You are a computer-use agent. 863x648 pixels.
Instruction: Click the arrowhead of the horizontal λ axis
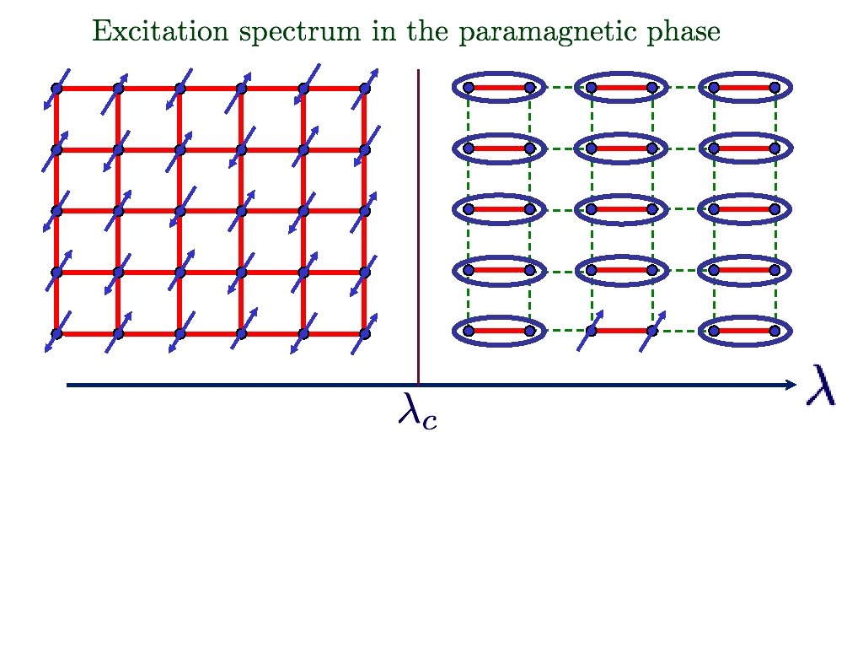pyautogui.click(x=791, y=386)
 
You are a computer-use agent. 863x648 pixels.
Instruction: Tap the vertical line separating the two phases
pyautogui.click(x=419, y=228)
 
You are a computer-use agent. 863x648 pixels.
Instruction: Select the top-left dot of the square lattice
pyautogui.click(x=56, y=88)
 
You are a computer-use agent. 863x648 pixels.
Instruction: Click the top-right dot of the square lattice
pyautogui.click(x=365, y=88)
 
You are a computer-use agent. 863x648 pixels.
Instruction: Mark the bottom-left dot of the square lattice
pyautogui.click(x=56, y=333)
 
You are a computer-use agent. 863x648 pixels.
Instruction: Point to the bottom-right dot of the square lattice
pyautogui.click(x=365, y=333)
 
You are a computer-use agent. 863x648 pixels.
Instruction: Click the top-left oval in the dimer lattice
pyautogui.click(x=499, y=87)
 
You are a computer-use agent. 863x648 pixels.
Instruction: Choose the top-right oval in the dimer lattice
pyautogui.click(x=744, y=87)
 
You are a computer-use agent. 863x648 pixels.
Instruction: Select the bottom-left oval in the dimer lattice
pyautogui.click(x=499, y=331)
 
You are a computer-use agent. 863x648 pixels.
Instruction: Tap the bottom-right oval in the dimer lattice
pyautogui.click(x=744, y=331)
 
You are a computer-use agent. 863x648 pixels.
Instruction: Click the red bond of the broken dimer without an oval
pyautogui.click(x=621, y=331)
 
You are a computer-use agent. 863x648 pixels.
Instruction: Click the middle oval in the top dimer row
pyautogui.click(x=621, y=87)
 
